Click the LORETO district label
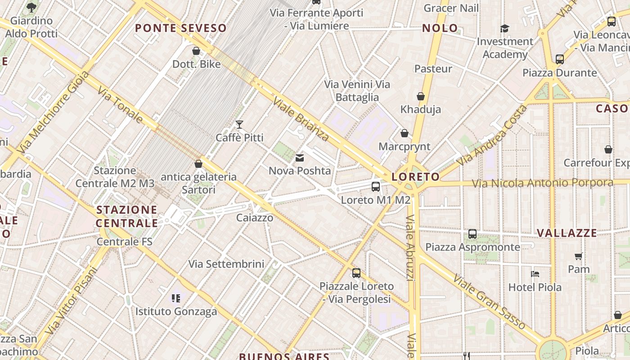[x=415, y=177]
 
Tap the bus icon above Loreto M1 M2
[x=376, y=187]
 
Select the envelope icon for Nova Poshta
[x=300, y=158]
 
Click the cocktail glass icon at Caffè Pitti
[x=239, y=124]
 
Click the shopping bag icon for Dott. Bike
[x=196, y=51]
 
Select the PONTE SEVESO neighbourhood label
[x=181, y=28]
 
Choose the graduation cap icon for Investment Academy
[x=504, y=29]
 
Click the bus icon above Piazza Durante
[x=560, y=59]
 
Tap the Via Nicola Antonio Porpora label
[x=542, y=183]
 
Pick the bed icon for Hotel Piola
[x=535, y=274]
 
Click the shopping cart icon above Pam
[x=579, y=256]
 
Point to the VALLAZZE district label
[x=567, y=233]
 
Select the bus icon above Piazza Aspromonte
[x=472, y=234]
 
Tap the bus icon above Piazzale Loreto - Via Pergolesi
[x=356, y=273]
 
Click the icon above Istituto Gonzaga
[x=176, y=298]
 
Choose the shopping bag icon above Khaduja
[x=421, y=96]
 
